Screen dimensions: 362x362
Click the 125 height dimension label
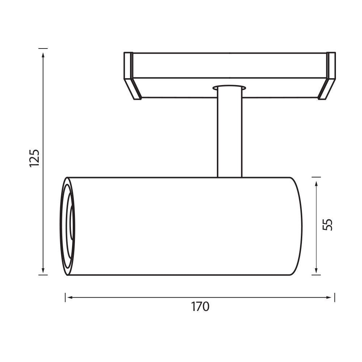35,158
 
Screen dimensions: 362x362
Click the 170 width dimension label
200,307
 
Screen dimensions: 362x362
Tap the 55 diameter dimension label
327,224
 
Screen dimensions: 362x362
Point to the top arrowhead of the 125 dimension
43,55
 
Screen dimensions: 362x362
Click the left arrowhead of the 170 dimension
69,297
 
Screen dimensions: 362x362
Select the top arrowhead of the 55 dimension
316,184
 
